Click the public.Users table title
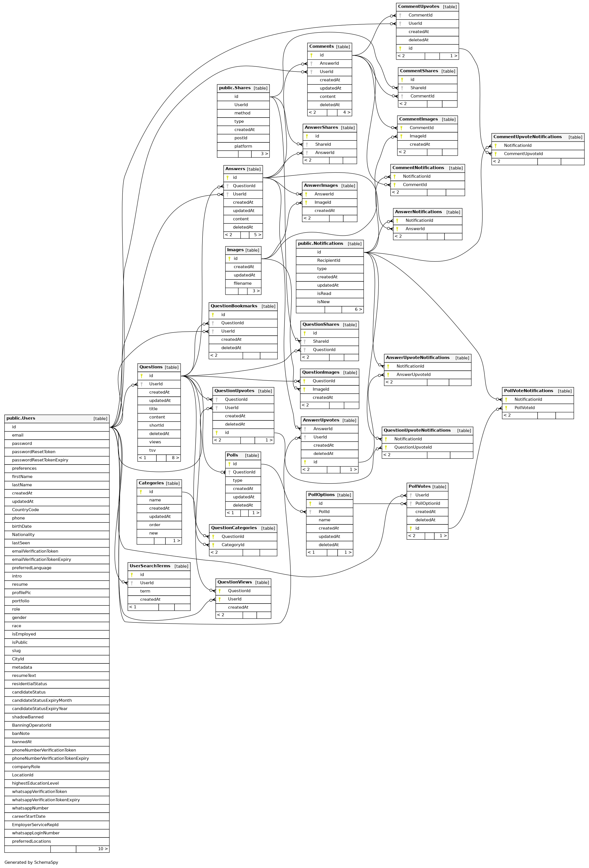[x=21, y=418]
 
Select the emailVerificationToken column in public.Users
[x=35, y=551]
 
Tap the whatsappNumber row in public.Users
[x=30, y=808]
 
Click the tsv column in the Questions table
[x=152, y=450]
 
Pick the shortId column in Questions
[x=156, y=426]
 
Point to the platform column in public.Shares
[x=243, y=146]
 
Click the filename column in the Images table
[x=243, y=283]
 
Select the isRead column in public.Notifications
[x=324, y=294]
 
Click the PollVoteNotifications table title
[x=528, y=391]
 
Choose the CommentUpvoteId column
[x=523, y=154]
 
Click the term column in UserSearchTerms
[x=145, y=591]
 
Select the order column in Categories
[x=155, y=525]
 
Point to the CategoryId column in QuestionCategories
[x=233, y=545]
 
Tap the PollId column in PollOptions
[x=324, y=512]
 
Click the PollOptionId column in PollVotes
[x=428, y=504]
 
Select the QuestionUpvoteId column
[x=413, y=448]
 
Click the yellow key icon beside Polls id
[x=230, y=464]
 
